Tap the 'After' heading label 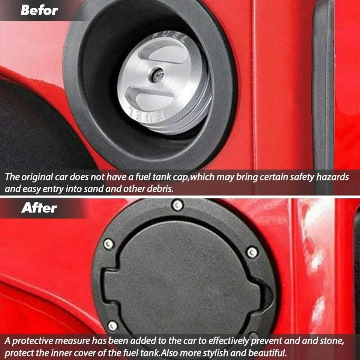pos(39,208)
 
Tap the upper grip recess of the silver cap pos(167,55)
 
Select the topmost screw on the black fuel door pos(177,204)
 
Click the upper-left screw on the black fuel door pos(109,243)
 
